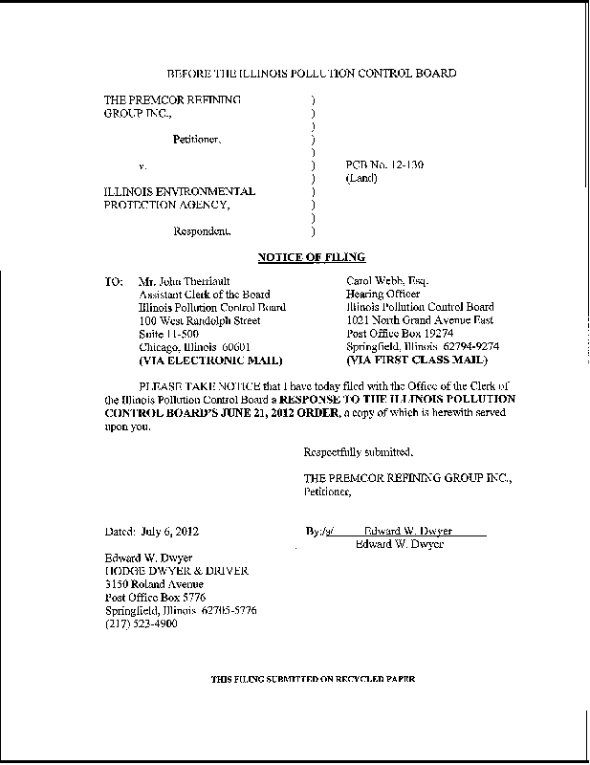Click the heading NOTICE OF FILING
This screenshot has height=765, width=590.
[311, 257]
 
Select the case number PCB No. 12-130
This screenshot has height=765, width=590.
[383, 164]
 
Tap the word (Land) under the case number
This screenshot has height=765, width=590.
[362, 178]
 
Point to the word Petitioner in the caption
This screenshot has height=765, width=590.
[197, 140]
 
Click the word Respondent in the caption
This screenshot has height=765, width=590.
[201, 230]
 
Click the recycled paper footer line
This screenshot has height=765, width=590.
[313, 678]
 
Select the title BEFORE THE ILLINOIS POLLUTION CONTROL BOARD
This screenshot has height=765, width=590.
[311, 74]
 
